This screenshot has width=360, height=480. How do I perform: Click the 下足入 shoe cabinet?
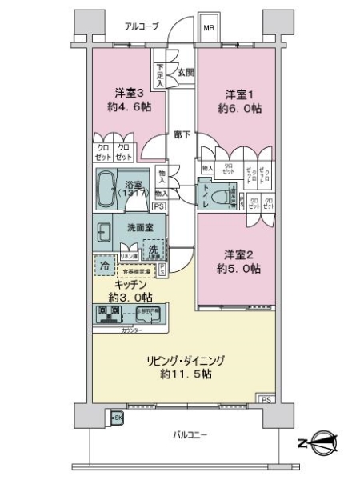160,76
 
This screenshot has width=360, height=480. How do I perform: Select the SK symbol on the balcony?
117,418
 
